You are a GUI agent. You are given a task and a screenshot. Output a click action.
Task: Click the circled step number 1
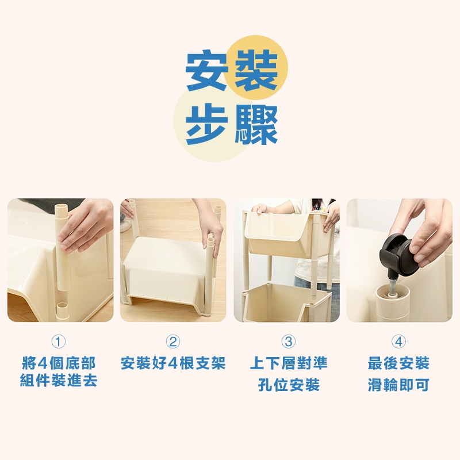click(59, 342)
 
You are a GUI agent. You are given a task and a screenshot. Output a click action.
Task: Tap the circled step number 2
click(173, 342)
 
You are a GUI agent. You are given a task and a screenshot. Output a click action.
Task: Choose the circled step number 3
click(289, 342)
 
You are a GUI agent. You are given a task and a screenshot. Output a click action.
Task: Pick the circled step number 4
click(398, 342)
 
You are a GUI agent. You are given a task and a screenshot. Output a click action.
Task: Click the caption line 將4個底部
click(59, 363)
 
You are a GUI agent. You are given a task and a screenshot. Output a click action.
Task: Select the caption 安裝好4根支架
click(173, 363)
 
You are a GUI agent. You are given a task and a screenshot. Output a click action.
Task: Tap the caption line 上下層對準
click(289, 363)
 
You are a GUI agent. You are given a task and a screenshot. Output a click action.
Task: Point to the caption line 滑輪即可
click(398, 385)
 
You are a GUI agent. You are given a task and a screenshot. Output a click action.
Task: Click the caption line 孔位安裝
click(289, 385)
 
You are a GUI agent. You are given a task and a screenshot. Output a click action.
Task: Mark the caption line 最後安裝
click(398, 363)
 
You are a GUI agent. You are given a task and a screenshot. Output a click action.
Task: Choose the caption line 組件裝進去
click(59, 381)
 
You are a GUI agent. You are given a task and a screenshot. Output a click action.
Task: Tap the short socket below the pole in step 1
click(62, 312)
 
